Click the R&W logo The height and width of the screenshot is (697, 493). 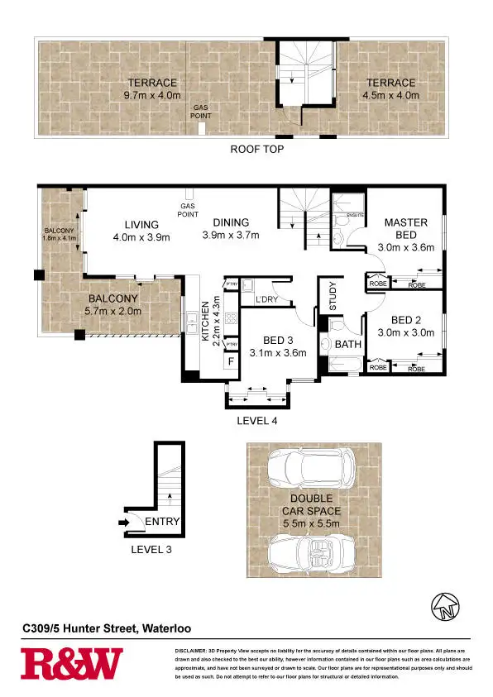[x=72, y=663]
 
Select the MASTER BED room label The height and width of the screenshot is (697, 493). [x=405, y=228]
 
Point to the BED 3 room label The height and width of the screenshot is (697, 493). [x=284, y=340]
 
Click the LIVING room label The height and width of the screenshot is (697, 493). [x=141, y=224]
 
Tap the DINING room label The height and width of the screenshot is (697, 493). [x=231, y=222]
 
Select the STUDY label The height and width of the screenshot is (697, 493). [x=333, y=298]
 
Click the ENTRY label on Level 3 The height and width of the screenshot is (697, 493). [x=161, y=522]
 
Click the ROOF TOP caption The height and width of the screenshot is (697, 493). [x=256, y=150]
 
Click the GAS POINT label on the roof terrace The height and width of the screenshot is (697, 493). [x=201, y=112]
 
